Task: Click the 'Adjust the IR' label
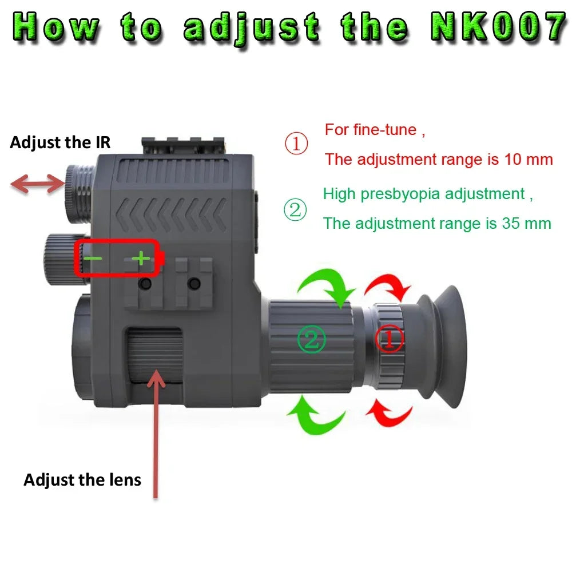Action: point(60,142)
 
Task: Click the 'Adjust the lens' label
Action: point(82,479)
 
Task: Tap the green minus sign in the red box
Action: point(93,259)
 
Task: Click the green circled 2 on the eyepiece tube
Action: point(311,340)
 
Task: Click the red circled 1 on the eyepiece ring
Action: point(389,340)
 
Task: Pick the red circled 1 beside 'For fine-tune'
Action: point(296,144)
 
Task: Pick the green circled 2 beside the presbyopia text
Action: point(295,210)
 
